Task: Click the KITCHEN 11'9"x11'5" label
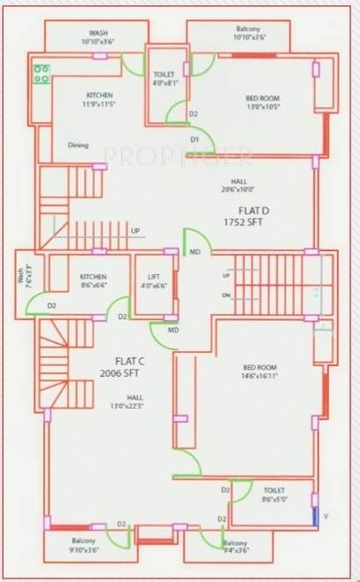(x=100, y=99)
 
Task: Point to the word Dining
(x=79, y=145)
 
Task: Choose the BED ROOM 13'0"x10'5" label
(x=263, y=102)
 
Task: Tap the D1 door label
(x=195, y=138)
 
